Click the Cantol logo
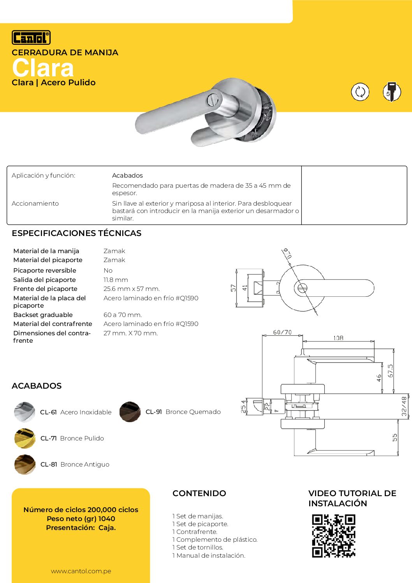click(x=31, y=37)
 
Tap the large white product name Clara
click(x=43, y=68)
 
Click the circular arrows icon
click(x=360, y=92)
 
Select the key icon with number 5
click(x=391, y=92)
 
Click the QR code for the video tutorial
click(x=334, y=536)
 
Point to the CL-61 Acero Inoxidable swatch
click(x=25, y=412)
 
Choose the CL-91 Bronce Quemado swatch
click(x=130, y=412)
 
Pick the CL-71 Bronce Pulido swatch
click(x=25, y=438)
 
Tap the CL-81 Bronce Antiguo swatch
click(x=25, y=464)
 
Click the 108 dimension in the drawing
click(x=338, y=338)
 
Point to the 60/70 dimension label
click(x=282, y=332)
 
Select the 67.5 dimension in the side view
click(x=390, y=371)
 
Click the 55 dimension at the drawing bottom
click(x=395, y=437)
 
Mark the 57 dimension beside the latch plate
click(x=233, y=288)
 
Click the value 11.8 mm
click(x=116, y=280)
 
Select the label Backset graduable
click(x=43, y=315)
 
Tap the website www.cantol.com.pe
click(x=81, y=571)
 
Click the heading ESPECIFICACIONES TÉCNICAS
click(x=77, y=233)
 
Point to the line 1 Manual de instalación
click(x=209, y=555)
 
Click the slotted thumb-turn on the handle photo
click(x=213, y=99)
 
